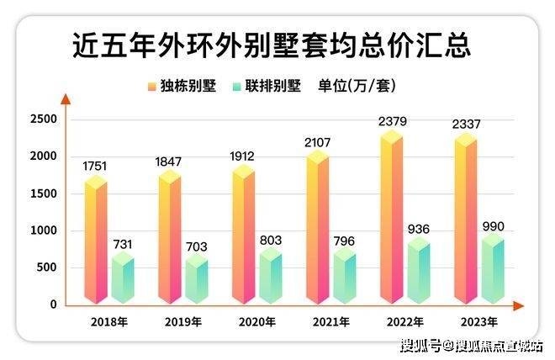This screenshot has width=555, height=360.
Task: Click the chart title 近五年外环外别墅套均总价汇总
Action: tap(271, 43)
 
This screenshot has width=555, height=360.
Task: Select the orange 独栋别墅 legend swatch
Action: tap(151, 86)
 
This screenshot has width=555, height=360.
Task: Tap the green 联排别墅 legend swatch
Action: tap(236, 86)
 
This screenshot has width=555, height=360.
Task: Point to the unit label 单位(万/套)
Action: tap(357, 86)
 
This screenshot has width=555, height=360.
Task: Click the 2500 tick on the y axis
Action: tap(45, 119)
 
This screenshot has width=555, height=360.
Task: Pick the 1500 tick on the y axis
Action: tap(45, 193)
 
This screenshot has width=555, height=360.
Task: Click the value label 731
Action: tap(123, 244)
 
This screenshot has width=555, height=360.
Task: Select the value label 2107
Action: tap(318, 142)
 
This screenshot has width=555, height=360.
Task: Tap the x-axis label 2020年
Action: tap(256, 322)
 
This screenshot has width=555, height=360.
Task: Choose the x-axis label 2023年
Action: tap(479, 322)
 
